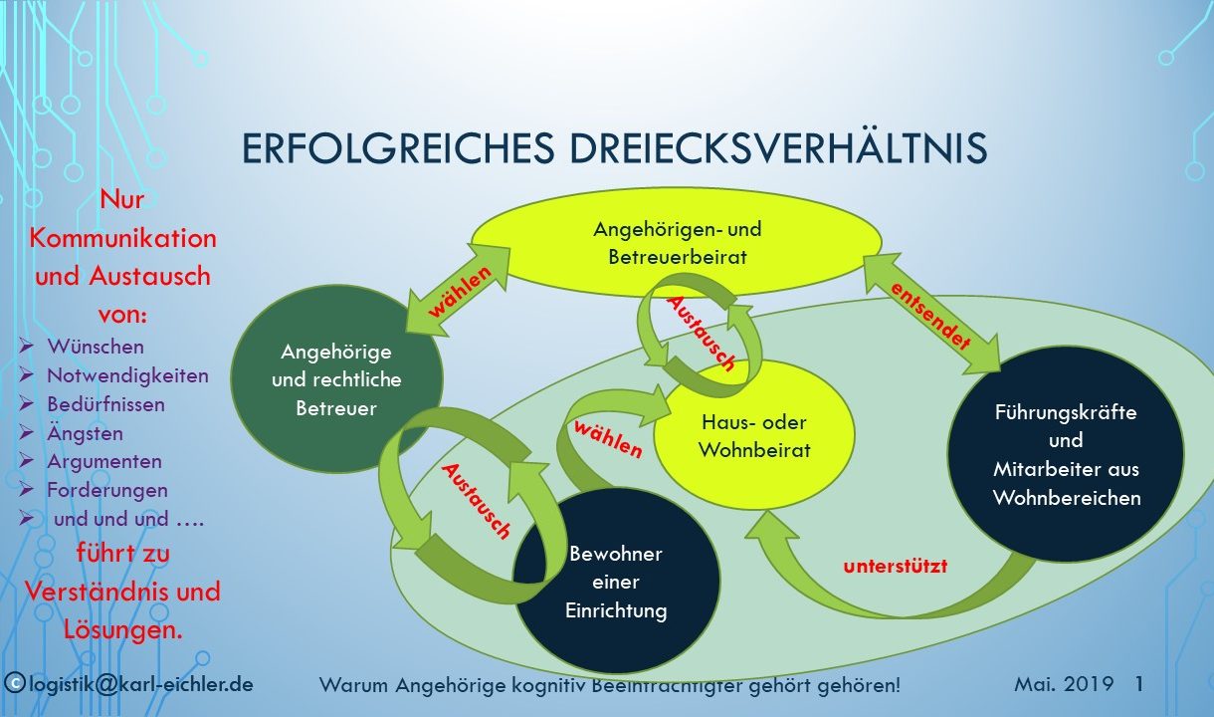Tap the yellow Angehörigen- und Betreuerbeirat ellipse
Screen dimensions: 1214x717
[677, 242]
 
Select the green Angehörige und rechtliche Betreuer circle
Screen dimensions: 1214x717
[336, 379]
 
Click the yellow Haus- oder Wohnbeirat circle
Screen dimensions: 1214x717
[754, 435]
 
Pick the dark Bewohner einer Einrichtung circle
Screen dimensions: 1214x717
[616, 582]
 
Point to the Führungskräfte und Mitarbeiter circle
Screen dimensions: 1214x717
[1066, 454]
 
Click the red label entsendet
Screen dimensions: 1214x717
[930, 316]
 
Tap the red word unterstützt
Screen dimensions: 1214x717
[896, 567]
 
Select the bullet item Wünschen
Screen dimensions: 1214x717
[96, 347]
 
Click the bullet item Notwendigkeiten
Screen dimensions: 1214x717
[128, 375]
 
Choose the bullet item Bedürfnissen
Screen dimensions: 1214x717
[105, 404]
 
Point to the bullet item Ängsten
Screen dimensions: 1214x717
[86, 433]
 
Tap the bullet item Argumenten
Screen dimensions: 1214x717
[104, 461]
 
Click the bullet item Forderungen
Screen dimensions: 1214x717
[107, 490]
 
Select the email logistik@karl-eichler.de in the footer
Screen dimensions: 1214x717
[141, 684]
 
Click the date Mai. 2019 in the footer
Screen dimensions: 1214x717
[1064, 684]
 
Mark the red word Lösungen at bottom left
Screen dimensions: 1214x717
[123, 629]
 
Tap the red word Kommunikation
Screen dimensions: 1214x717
[123, 238]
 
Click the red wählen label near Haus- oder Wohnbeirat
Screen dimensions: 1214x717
[608, 439]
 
